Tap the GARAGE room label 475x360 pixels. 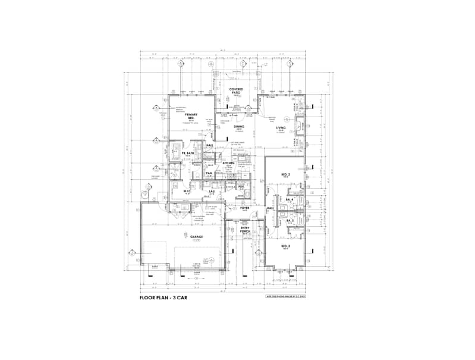point(197,236)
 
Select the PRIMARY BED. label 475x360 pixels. point(191,116)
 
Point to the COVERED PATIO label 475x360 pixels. point(236,91)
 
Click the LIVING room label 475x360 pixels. point(281,127)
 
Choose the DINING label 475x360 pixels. point(239,126)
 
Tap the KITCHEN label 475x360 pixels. point(229,162)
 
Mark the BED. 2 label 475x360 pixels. point(285,174)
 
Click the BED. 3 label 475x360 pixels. point(285,245)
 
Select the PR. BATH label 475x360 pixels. point(187,153)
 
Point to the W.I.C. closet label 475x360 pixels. point(185,191)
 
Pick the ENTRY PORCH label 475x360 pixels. point(245,229)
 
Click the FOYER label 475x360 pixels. point(244,208)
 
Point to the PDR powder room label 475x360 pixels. point(241,187)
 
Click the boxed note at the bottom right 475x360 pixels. point(288,296)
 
